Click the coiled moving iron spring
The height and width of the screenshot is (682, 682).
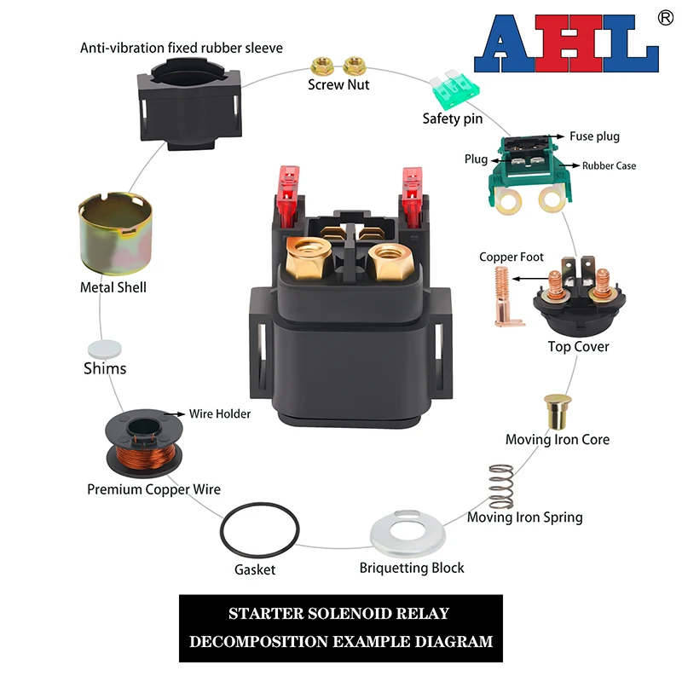pyautogui.click(x=500, y=487)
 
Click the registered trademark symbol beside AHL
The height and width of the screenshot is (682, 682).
pyautogui.click(x=666, y=17)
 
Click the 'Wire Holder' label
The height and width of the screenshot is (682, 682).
pyautogui.click(x=220, y=413)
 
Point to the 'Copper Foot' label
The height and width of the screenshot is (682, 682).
pyautogui.click(x=511, y=257)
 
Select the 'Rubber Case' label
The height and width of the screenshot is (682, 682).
pyautogui.click(x=609, y=165)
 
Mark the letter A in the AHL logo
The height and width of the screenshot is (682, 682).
pyautogui.click(x=507, y=46)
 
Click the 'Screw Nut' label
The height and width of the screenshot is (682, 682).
pyautogui.click(x=338, y=84)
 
